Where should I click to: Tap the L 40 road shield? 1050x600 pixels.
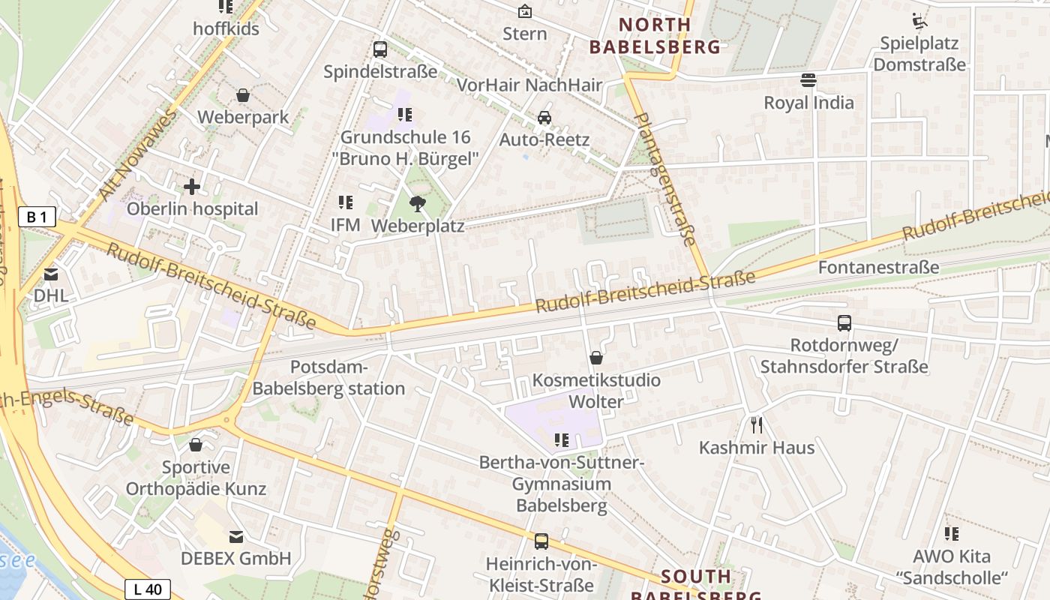(x=148, y=589)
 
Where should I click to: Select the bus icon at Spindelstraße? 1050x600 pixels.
(x=380, y=49)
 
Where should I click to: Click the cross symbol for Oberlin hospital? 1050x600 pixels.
(x=192, y=187)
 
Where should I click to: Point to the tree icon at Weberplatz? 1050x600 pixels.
(x=417, y=203)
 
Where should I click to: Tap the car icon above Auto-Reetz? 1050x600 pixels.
(x=544, y=118)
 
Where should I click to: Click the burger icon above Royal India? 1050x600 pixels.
(x=808, y=79)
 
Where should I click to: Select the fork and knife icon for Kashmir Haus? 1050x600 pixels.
(x=757, y=425)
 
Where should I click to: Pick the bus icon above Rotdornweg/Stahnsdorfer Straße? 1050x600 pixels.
(x=844, y=323)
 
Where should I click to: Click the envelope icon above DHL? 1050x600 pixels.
(x=51, y=274)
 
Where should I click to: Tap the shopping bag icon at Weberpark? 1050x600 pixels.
(x=243, y=95)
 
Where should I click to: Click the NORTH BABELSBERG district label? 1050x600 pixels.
(x=655, y=36)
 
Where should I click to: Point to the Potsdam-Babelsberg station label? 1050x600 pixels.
(x=328, y=378)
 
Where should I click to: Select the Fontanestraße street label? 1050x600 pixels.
(x=878, y=267)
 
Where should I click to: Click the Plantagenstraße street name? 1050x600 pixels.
(x=665, y=178)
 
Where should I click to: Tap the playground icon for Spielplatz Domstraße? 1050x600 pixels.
(x=919, y=20)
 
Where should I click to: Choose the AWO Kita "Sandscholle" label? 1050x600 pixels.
(x=951, y=567)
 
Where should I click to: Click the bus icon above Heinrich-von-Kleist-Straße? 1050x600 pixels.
(x=541, y=541)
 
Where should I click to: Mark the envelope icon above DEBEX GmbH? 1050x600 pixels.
(x=236, y=536)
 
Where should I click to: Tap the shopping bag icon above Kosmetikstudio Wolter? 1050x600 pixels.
(x=596, y=358)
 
